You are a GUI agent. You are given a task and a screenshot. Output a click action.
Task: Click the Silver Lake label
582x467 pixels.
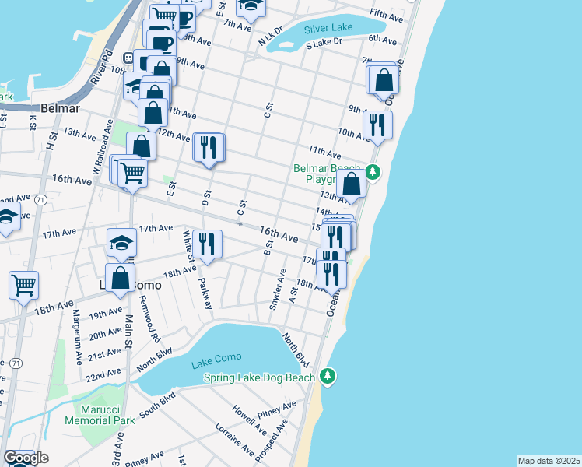328,27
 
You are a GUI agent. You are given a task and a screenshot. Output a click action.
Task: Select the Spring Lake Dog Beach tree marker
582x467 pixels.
328,377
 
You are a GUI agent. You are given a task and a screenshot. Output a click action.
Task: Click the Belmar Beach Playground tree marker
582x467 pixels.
373,172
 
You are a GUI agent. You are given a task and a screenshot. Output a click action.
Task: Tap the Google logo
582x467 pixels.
26,458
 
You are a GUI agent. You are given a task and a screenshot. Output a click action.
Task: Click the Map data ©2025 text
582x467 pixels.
549,461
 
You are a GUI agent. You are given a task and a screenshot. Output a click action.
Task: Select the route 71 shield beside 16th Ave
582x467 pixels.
39,201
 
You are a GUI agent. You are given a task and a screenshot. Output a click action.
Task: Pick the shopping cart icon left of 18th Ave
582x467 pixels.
24,285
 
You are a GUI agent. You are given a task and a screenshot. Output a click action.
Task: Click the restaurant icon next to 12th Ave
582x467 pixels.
209,146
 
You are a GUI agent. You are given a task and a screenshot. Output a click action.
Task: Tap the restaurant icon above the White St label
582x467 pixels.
207,243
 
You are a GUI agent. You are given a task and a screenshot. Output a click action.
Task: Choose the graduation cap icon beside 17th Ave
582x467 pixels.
121,243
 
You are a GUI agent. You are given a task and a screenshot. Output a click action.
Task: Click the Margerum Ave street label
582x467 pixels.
77,329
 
